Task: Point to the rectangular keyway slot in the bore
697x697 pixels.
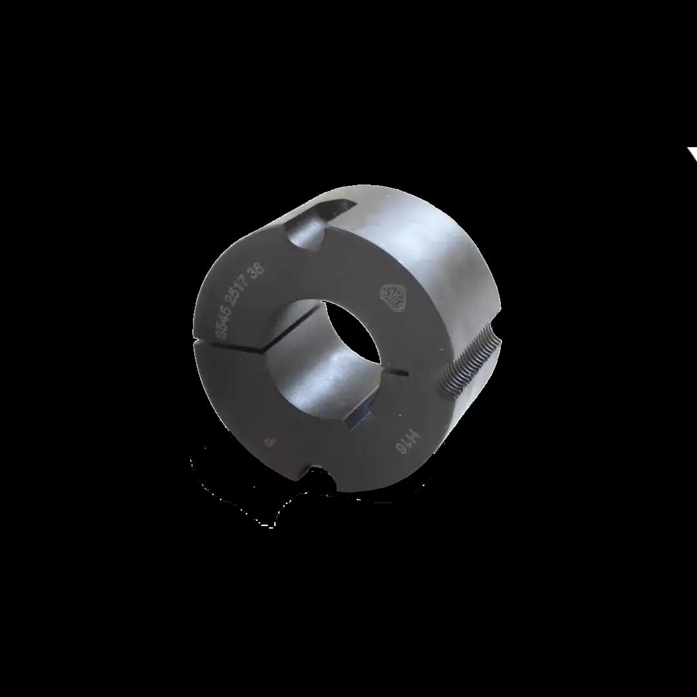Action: tap(360, 419)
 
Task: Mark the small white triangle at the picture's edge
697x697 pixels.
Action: tap(692, 153)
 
